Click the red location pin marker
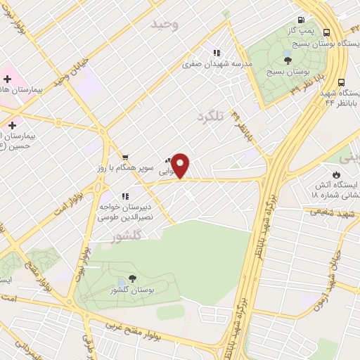[x=181, y=165]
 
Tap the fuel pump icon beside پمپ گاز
[x=301, y=20]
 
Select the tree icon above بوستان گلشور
[x=132, y=279]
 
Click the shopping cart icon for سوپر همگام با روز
[x=124, y=157]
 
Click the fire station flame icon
[x=336, y=174]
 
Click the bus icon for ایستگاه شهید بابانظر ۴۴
[x=342, y=82]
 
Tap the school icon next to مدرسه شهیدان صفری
[x=217, y=53]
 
